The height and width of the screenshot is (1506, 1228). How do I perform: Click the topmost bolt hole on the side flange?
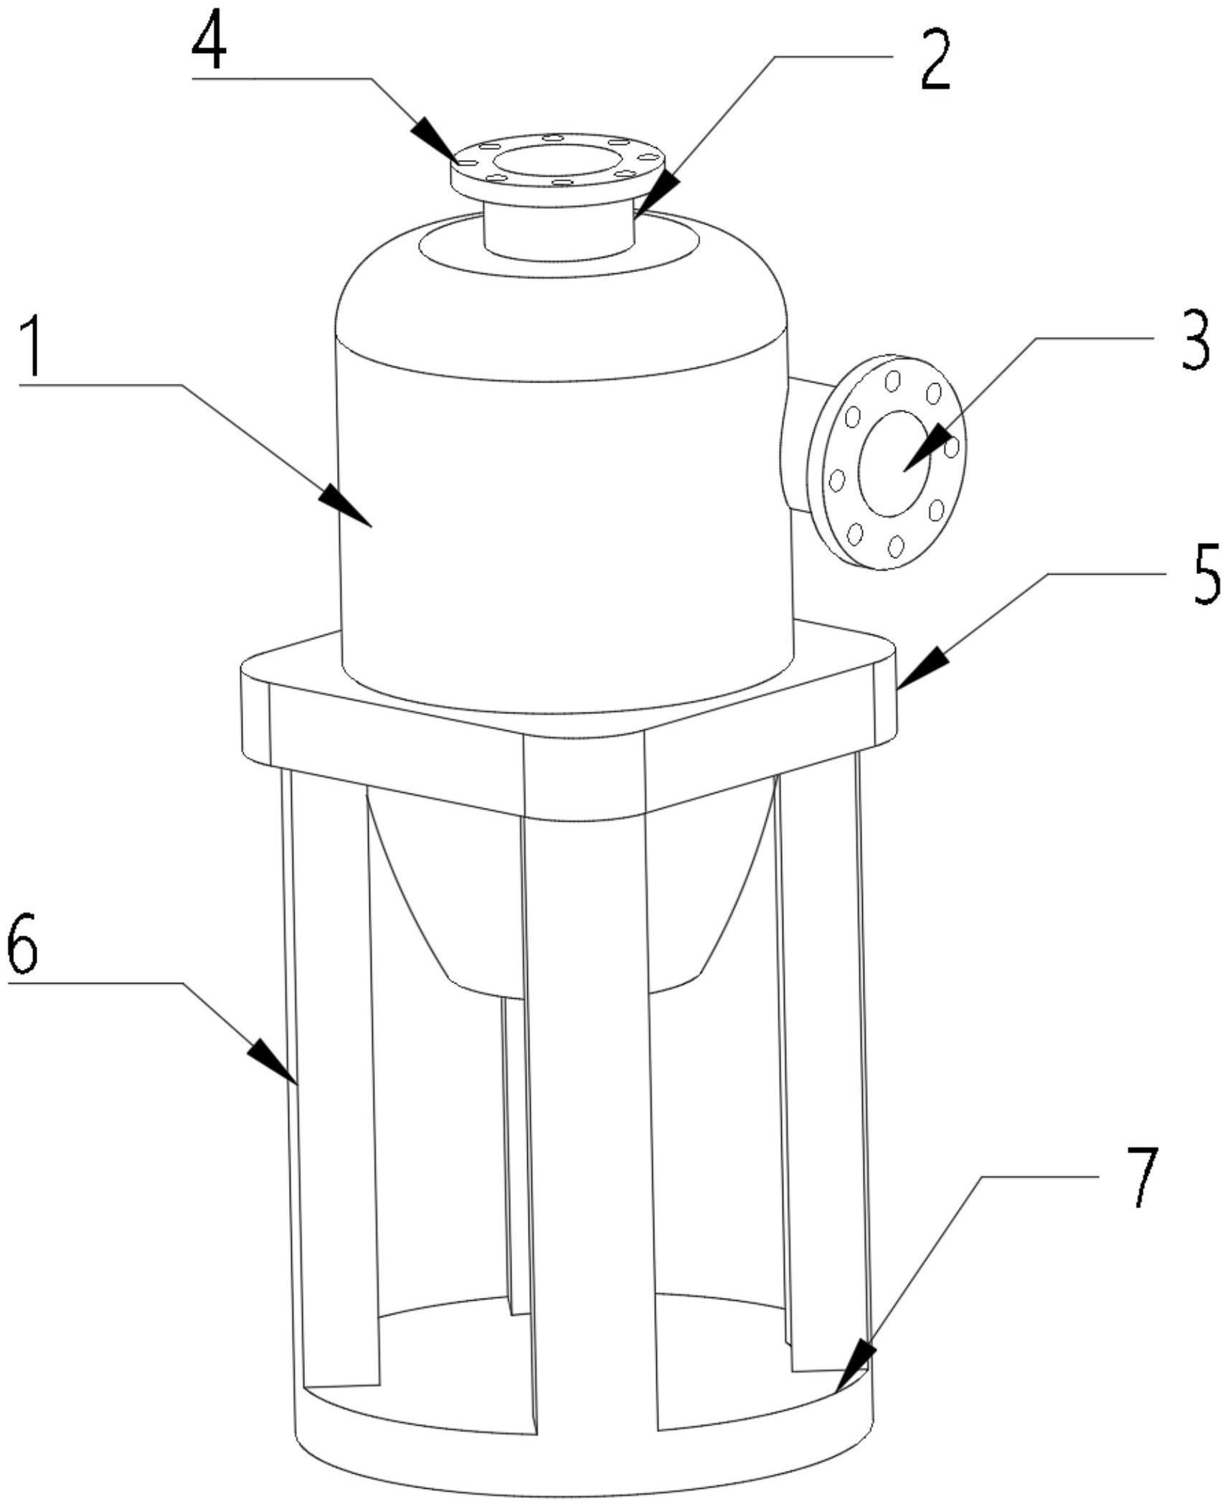click(x=892, y=380)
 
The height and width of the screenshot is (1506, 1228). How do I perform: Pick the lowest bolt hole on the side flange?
click(x=894, y=547)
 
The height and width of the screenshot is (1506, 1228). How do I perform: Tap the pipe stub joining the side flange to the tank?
click(x=796, y=445)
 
